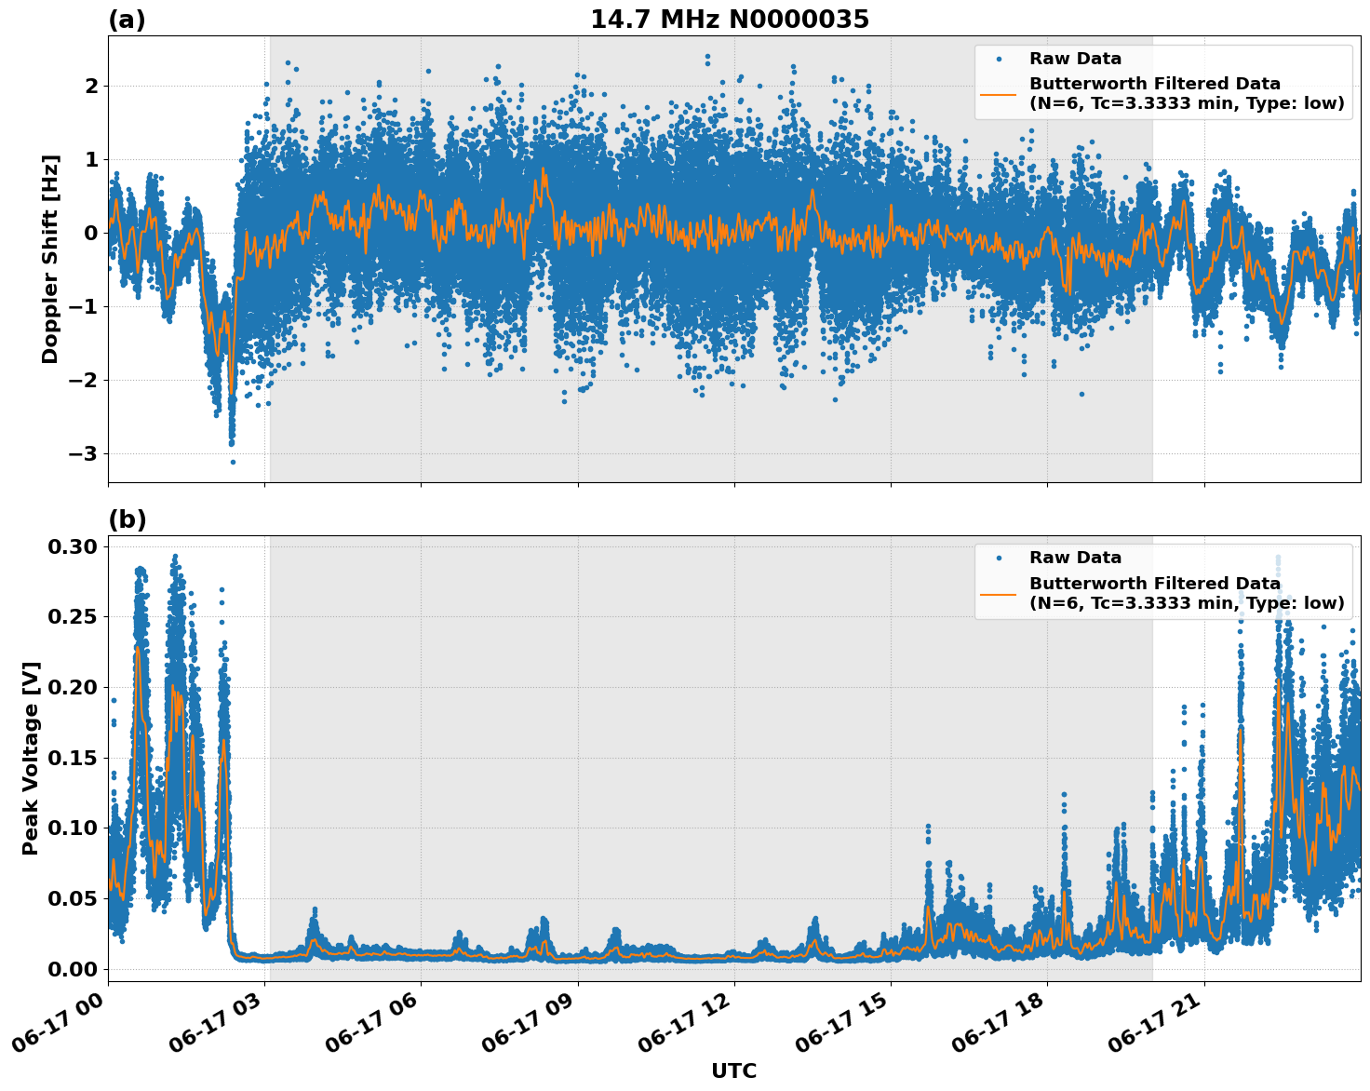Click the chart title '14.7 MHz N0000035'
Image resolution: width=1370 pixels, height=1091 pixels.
coord(729,20)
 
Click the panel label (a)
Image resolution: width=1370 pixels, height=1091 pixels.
coord(127,20)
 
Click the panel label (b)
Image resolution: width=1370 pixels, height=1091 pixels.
coord(127,519)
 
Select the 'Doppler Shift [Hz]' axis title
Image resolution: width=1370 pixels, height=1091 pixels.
coord(50,259)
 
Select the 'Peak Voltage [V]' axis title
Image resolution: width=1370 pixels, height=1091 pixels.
coord(31,758)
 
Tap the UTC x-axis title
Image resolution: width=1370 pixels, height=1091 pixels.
coord(733,1071)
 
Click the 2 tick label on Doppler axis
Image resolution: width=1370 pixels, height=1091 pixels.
coord(91,86)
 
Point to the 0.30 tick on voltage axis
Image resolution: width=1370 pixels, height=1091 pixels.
coord(72,546)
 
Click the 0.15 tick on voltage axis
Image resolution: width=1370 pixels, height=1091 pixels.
coord(72,758)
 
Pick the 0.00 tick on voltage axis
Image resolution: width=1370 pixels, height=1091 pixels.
coord(72,969)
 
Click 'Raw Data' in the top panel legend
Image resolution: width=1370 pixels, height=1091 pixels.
coord(1075,59)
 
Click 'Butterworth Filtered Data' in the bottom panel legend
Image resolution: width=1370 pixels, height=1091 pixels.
coord(1154,584)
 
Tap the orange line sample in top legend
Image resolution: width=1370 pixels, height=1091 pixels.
coord(998,93)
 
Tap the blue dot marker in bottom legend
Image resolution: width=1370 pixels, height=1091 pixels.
coord(999,558)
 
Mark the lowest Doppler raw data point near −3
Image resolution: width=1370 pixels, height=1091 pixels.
coord(233,462)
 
